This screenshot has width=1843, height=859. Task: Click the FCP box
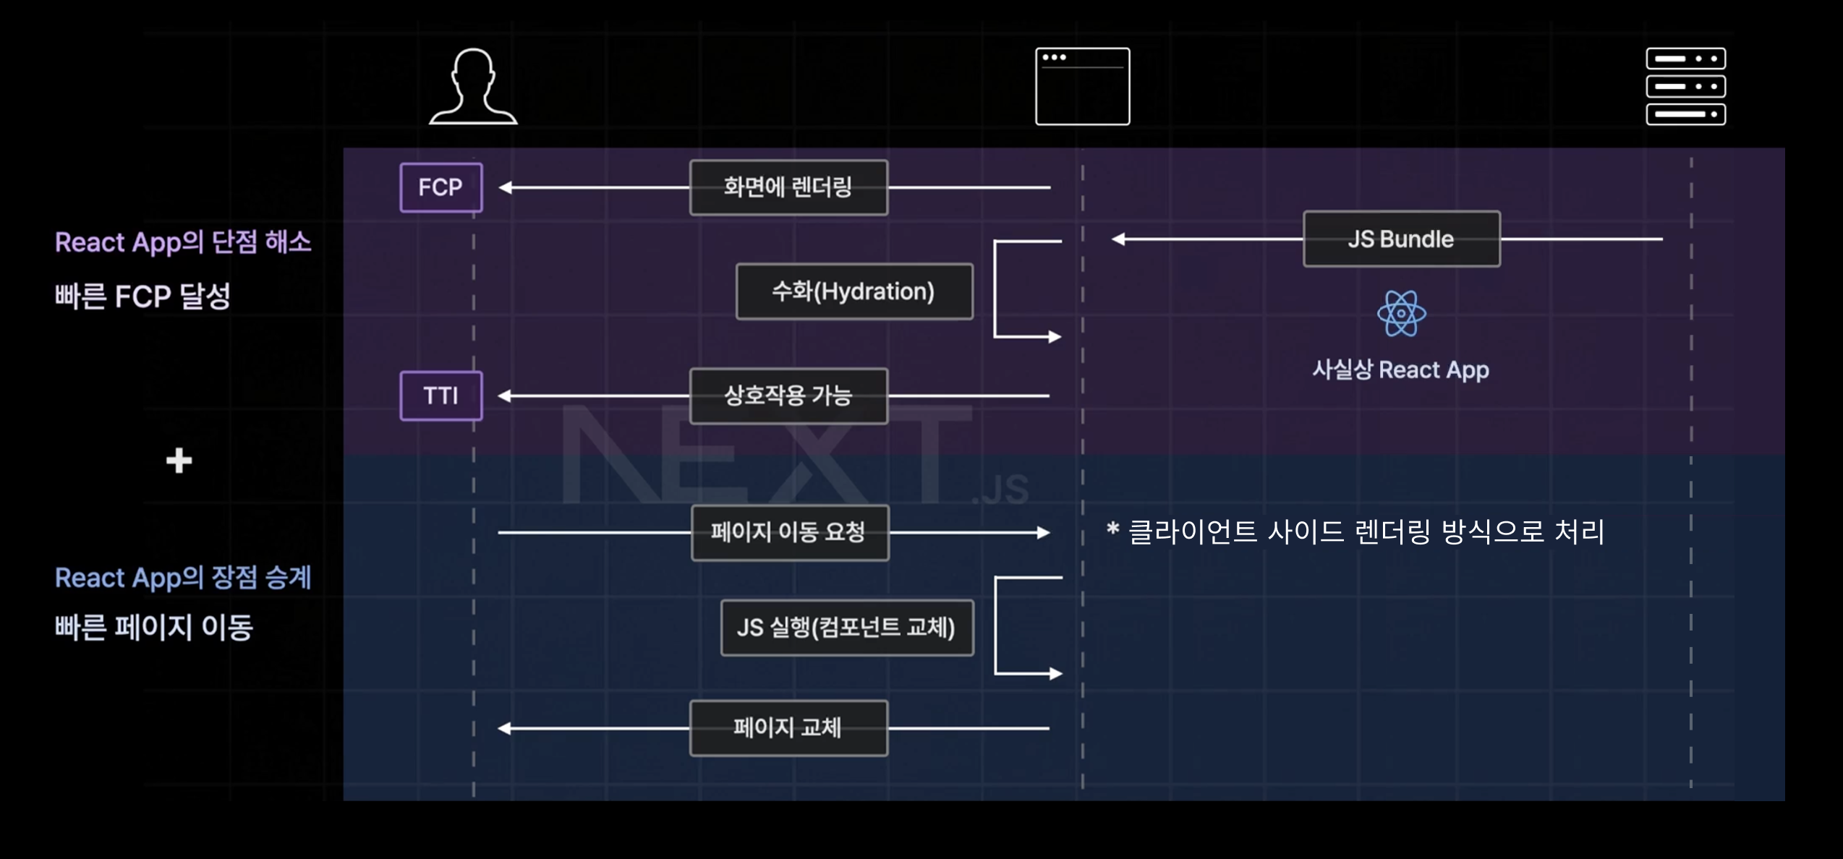click(x=441, y=187)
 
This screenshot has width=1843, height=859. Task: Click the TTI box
click(x=441, y=396)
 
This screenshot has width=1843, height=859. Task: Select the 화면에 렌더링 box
click(x=788, y=187)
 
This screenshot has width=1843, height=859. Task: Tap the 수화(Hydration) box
click(x=854, y=291)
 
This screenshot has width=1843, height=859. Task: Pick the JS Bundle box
click(x=1401, y=239)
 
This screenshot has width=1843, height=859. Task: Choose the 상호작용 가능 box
click(x=788, y=396)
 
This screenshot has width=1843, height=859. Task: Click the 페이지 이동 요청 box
click(x=789, y=532)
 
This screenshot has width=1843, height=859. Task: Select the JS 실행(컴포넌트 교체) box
click(x=847, y=628)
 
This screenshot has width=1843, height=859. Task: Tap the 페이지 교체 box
click(x=788, y=727)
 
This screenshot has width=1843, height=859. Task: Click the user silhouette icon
click(x=473, y=87)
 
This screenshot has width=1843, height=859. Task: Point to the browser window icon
click(x=1082, y=87)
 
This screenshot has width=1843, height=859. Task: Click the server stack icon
click(x=1685, y=87)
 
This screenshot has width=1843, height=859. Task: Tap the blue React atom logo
click(x=1401, y=313)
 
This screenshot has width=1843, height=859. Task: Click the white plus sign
click(x=179, y=461)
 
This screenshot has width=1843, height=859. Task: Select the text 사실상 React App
click(x=1400, y=370)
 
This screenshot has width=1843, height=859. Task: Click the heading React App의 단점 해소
click(x=183, y=242)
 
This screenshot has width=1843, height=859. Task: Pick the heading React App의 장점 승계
click(x=183, y=578)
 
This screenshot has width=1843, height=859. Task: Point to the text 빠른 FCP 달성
click(x=142, y=296)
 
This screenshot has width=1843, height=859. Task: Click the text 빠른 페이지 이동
click(x=153, y=627)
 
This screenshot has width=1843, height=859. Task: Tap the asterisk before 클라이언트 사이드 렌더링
click(x=1112, y=529)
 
